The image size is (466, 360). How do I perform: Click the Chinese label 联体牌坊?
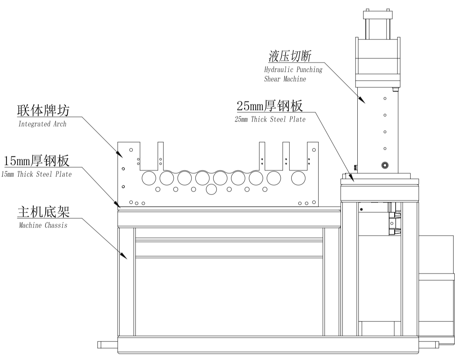(43, 110)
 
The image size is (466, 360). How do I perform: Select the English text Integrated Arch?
(42, 124)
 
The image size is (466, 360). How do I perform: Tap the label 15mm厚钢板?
(36, 160)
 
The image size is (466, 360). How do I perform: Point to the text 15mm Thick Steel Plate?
(36, 174)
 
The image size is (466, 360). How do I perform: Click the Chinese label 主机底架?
(43, 211)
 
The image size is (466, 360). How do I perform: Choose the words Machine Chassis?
(43, 225)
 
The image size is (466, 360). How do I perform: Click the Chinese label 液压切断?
(290, 56)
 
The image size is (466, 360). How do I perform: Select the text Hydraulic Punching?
(293, 70)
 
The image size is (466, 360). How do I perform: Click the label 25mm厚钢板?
(269, 106)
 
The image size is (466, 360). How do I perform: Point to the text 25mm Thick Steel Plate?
(270, 120)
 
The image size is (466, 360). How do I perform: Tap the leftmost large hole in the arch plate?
(148, 178)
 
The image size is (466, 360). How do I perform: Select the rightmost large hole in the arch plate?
(298, 178)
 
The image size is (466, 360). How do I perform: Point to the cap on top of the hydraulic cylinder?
(378, 15)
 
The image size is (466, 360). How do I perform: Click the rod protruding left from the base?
(108, 344)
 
